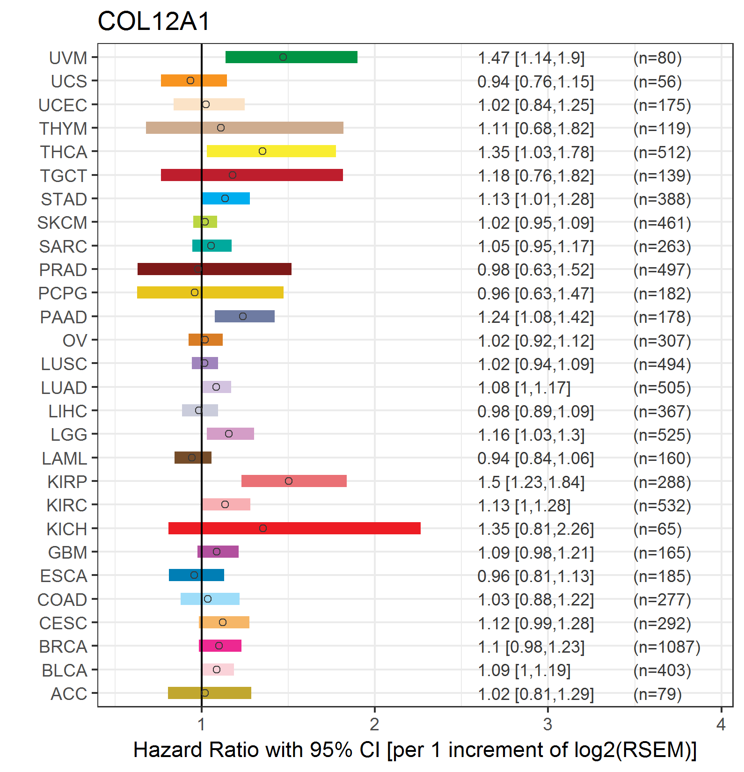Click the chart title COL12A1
point(154,22)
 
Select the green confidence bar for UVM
point(292,57)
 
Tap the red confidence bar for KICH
point(294,528)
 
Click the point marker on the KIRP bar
point(289,481)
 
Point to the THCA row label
point(64,152)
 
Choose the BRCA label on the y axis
point(63,647)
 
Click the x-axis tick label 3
point(548,724)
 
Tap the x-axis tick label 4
point(721,724)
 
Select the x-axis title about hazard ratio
point(415,750)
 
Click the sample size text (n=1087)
point(667,647)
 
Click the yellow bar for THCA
point(271,151)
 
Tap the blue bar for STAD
point(226,198)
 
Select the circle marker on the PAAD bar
point(243,316)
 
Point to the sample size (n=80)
point(657,58)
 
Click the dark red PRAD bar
point(214,269)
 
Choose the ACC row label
point(69,694)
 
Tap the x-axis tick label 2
point(374,724)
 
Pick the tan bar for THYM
point(245,128)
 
